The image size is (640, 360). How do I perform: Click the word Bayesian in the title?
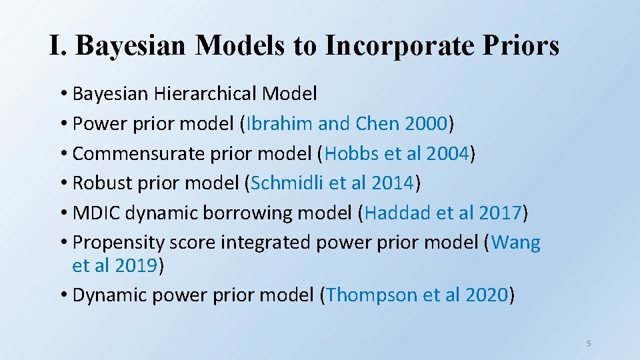tap(132, 45)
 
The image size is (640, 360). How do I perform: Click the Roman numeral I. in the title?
tap(59, 45)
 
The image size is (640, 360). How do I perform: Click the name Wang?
tap(516, 243)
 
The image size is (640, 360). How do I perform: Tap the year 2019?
tap(135, 265)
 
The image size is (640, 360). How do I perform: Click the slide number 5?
tap(589, 343)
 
